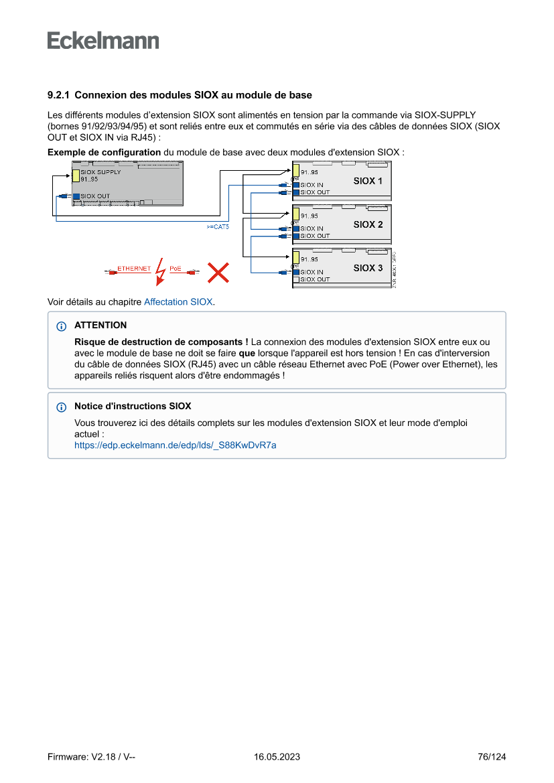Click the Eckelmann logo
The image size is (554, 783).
(x=103, y=41)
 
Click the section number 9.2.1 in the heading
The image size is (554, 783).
(x=60, y=96)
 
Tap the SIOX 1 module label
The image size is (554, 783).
(x=368, y=181)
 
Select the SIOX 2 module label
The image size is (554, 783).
(x=368, y=224)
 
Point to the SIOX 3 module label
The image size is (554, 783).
(x=368, y=268)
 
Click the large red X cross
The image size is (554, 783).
(x=218, y=272)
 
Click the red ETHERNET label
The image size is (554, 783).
(x=134, y=269)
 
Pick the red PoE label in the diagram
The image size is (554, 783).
(x=176, y=269)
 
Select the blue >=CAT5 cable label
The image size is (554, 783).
(x=218, y=227)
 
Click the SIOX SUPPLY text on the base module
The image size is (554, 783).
(x=100, y=172)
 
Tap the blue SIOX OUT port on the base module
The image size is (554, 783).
(x=76, y=196)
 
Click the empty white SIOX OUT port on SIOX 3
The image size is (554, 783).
(x=295, y=279)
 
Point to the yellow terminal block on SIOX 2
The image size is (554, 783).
(x=295, y=214)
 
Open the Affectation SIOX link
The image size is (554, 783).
(x=178, y=302)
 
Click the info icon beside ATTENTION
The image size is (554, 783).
(x=62, y=326)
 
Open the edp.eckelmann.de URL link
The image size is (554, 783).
(x=175, y=444)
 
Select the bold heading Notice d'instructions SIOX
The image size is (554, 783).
(x=133, y=406)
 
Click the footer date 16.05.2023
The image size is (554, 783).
(x=277, y=757)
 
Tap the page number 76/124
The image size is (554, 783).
(x=492, y=757)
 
